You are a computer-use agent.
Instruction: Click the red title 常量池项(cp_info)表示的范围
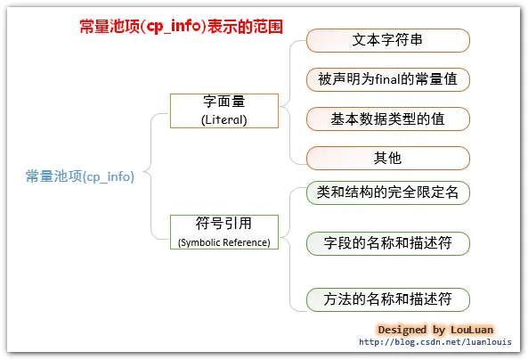point(182,27)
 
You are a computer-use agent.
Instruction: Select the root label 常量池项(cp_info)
point(80,176)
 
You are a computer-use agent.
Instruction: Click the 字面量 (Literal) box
point(224,110)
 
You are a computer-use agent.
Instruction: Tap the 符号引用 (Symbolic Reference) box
point(224,231)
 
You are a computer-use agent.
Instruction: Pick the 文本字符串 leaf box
point(387,41)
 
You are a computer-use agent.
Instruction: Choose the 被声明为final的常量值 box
point(387,79)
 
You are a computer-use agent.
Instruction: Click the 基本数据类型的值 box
point(387,119)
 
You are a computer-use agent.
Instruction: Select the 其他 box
point(387,158)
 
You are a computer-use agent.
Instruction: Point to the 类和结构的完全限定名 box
point(387,192)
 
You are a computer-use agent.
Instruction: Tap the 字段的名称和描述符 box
point(387,242)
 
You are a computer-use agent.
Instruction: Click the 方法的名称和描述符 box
point(387,299)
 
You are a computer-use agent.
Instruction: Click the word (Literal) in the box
point(224,119)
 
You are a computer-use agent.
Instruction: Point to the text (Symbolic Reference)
point(224,241)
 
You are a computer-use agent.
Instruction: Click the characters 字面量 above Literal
point(224,101)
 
